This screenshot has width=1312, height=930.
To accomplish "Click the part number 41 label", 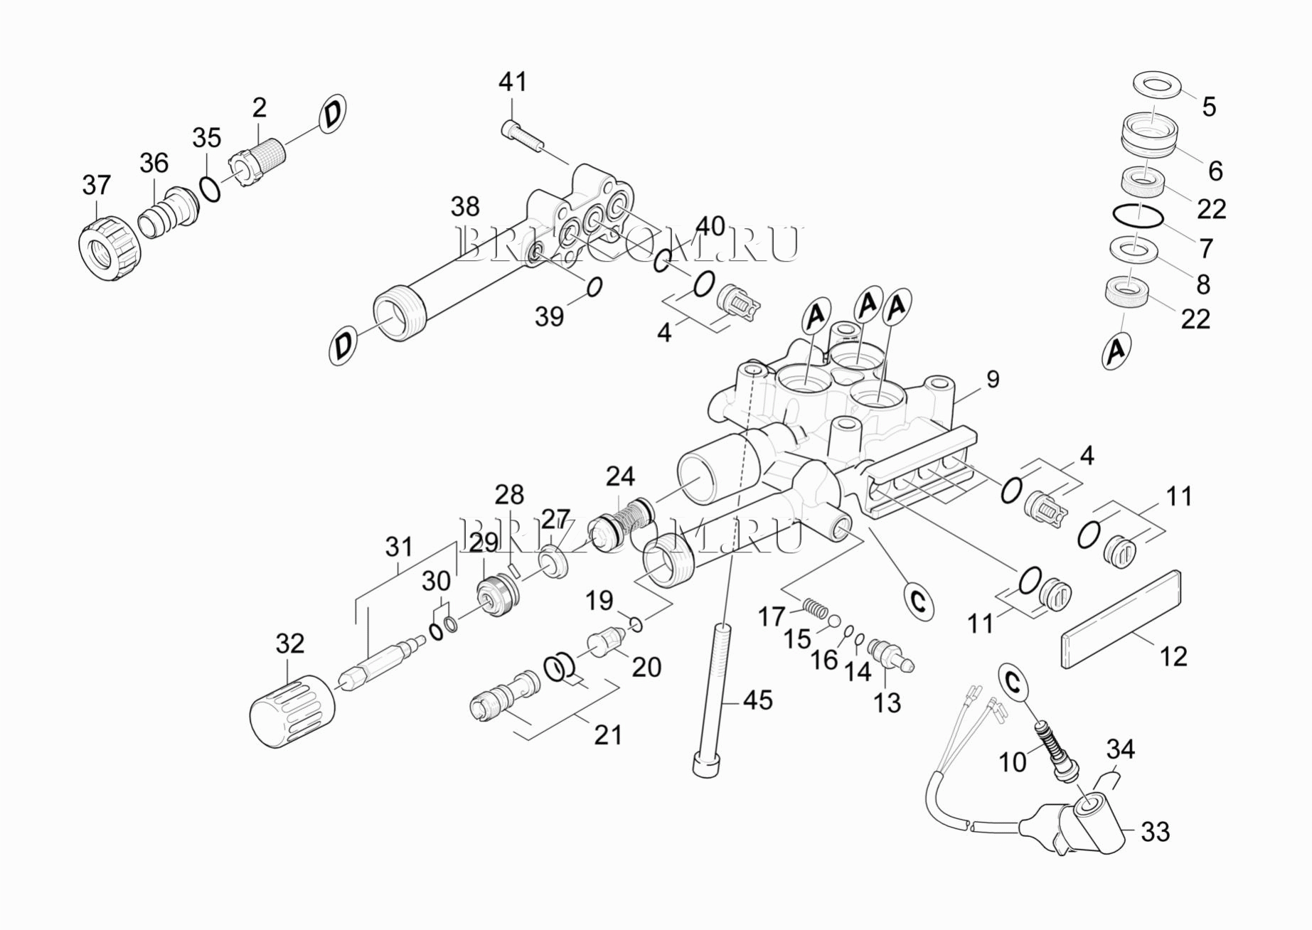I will click(x=512, y=82).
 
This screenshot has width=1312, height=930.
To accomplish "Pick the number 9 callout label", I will click(x=993, y=379).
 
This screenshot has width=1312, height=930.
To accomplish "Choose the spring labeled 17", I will click(x=816, y=609).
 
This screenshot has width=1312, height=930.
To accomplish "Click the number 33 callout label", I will click(x=1155, y=831).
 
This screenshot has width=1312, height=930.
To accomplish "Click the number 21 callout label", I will click(x=607, y=734).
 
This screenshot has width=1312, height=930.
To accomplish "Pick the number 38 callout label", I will click(x=465, y=207).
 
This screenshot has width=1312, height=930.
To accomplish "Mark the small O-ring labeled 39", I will click(x=594, y=286).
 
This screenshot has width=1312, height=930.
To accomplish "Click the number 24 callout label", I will click(x=620, y=476).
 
